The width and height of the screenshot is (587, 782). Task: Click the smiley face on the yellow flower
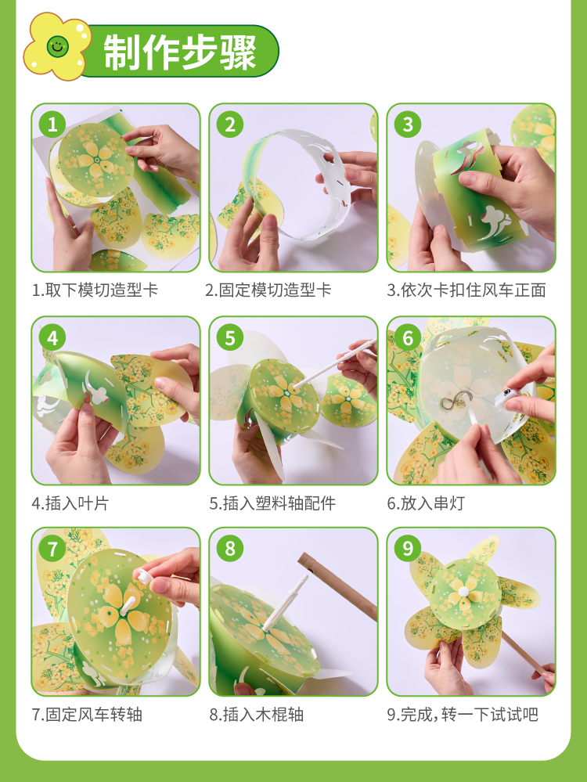[57, 46]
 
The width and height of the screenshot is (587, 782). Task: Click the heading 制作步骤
[179, 52]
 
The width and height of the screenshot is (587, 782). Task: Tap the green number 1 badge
[52, 124]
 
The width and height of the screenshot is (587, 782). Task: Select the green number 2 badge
[230, 124]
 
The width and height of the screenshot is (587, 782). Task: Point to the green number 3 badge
[408, 124]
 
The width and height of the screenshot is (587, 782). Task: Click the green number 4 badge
[52, 338]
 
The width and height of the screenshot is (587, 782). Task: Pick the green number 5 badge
[230, 338]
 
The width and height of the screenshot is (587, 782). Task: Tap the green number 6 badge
[408, 338]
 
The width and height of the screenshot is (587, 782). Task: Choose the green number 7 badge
[52, 549]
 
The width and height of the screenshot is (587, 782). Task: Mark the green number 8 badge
[230, 549]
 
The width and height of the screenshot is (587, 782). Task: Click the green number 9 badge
[408, 549]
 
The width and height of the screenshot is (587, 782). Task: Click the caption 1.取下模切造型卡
[95, 290]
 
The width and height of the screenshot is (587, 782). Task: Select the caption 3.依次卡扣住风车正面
[466, 290]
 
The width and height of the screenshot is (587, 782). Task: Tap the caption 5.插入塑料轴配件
[272, 503]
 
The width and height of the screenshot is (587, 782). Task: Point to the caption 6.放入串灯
[426, 503]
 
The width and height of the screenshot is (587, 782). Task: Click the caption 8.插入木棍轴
[257, 715]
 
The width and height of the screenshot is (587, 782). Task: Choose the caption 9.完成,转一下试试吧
[463, 715]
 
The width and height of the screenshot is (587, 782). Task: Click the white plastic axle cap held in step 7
[146, 576]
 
